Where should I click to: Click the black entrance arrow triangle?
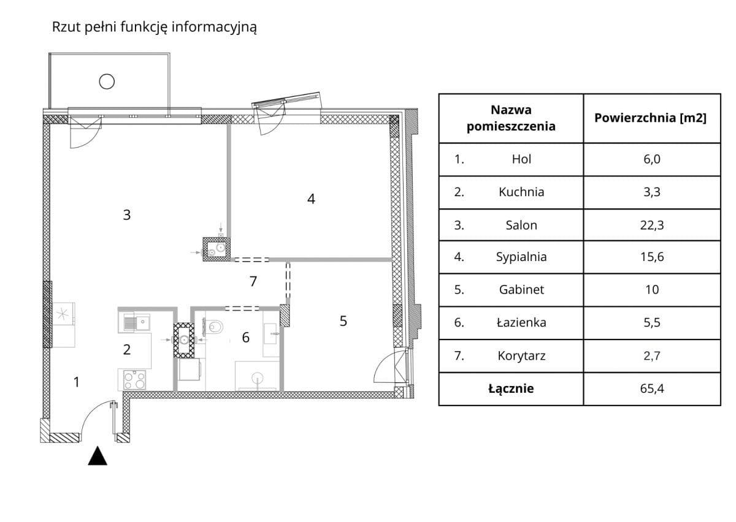click(98, 456)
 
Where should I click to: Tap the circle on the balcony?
click(107, 80)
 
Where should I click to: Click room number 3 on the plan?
click(126, 215)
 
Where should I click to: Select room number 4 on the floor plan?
click(311, 199)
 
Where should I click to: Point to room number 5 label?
click(343, 321)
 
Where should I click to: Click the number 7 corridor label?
click(253, 282)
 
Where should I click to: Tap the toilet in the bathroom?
click(213, 327)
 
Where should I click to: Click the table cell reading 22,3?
click(651, 225)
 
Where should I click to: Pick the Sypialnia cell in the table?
click(521, 257)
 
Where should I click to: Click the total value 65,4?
click(651, 388)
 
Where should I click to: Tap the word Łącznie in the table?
click(511, 388)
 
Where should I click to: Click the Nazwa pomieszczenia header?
click(511, 118)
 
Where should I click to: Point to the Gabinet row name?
click(521, 290)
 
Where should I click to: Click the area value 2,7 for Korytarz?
click(651, 356)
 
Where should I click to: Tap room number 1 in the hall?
click(76, 382)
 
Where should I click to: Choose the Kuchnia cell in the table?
click(521, 192)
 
